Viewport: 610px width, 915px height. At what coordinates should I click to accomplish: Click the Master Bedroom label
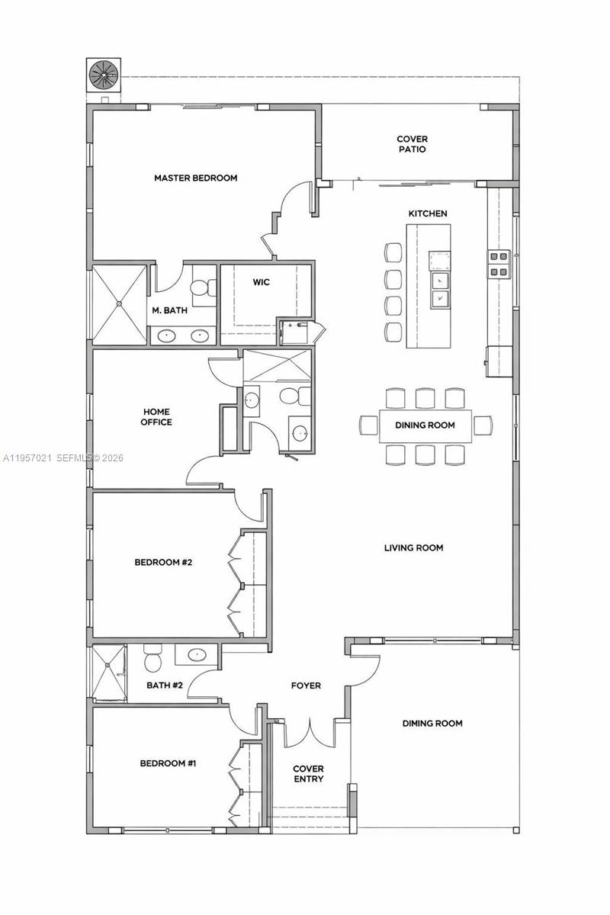[x=195, y=178]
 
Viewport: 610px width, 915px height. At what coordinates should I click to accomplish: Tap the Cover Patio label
[x=412, y=144]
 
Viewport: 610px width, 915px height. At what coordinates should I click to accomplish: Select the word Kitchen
[x=427, y=213]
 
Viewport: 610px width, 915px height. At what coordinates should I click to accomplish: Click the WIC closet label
[x=261, y=282]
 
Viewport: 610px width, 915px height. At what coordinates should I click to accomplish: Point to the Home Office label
[x=157, y=417]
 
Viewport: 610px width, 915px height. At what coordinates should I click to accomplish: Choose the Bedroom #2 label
[x=163, y=563]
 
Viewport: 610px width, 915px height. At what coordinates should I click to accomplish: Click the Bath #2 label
[x=165, y=685]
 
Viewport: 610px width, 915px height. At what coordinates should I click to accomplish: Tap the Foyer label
[x=306, y=685]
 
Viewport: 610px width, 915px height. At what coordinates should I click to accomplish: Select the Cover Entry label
[x=308, y=774]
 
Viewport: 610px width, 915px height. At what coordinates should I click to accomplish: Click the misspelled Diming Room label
[x=432, y=723]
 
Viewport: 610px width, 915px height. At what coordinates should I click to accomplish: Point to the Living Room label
[x=413, y=547]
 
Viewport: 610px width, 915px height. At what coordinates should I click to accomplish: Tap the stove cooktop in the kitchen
[x=499, y=264]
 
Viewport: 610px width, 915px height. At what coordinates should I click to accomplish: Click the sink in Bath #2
[x=197, y=654]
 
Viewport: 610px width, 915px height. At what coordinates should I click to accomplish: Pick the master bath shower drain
[x=120, y=303]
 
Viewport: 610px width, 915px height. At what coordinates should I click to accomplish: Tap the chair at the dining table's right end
[x=483, y=425]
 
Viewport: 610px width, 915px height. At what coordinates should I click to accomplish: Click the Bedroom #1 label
[x=168, y=762]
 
